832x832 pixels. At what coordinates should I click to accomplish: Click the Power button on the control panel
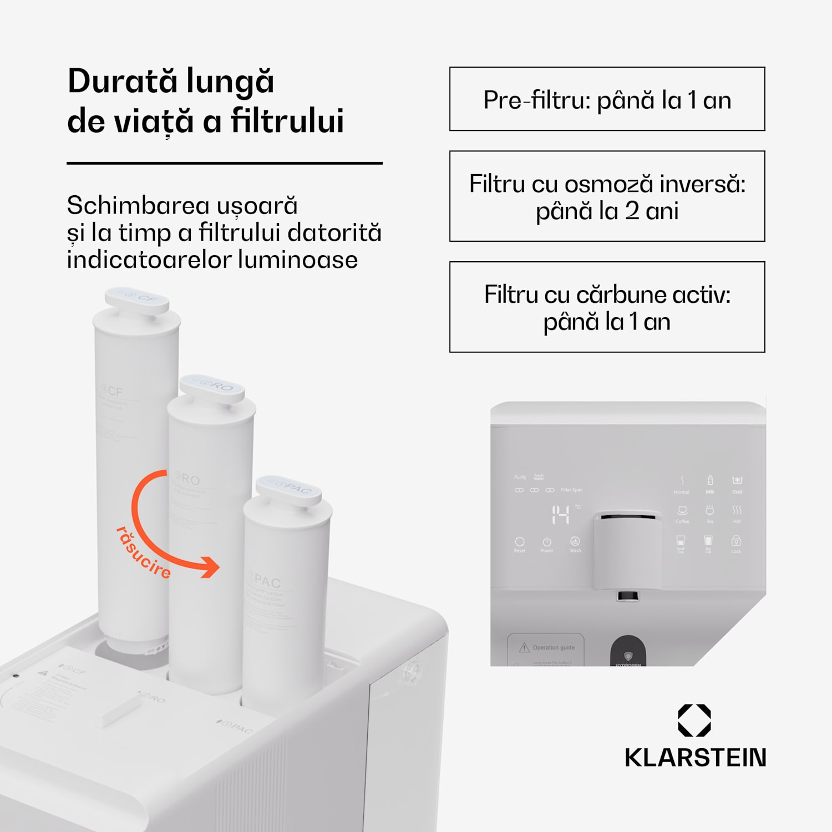click(547, 541)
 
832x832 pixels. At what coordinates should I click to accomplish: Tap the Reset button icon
click(520, 541)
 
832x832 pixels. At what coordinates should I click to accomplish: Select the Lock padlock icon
click(736, 541)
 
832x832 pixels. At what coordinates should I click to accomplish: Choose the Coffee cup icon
click(682, 510)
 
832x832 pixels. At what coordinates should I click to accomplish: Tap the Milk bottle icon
click(710, 480)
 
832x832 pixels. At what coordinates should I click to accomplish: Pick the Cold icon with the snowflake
click(737, 480)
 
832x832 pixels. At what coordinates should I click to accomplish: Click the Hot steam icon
click(737, 510)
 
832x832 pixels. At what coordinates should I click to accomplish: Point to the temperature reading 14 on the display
click(560, 515)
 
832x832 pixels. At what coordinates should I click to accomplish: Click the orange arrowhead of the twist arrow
click(211, 567)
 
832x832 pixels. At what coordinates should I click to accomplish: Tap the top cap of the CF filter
click(137, 300)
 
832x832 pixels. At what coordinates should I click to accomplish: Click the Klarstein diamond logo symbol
click(694, 721)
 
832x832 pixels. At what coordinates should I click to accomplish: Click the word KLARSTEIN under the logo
click(695, 758)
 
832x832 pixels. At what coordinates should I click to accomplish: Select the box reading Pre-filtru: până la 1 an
click(607, 99)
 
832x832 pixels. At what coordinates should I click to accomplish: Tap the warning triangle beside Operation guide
click(524, 647)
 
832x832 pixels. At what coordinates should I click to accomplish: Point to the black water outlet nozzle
click(627, 596)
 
